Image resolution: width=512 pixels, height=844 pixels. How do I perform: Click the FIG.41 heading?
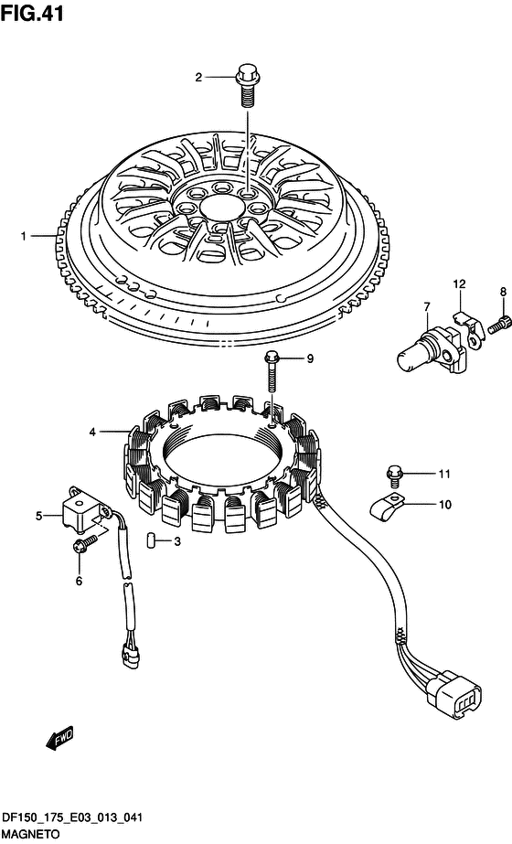[32, 13]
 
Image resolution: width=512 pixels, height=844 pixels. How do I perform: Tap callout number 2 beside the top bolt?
[198, 78]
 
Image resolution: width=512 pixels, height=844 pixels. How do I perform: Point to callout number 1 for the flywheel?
[23, 236]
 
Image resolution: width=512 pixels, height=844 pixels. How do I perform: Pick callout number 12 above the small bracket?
[459, 283]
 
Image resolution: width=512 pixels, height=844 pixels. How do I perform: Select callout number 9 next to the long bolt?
[310, 358]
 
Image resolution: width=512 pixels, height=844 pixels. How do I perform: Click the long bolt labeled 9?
[272, 371]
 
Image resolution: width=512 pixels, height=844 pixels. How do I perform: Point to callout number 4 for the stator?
[92, 432]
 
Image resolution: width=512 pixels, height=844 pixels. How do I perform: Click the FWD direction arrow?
[59, 737]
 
